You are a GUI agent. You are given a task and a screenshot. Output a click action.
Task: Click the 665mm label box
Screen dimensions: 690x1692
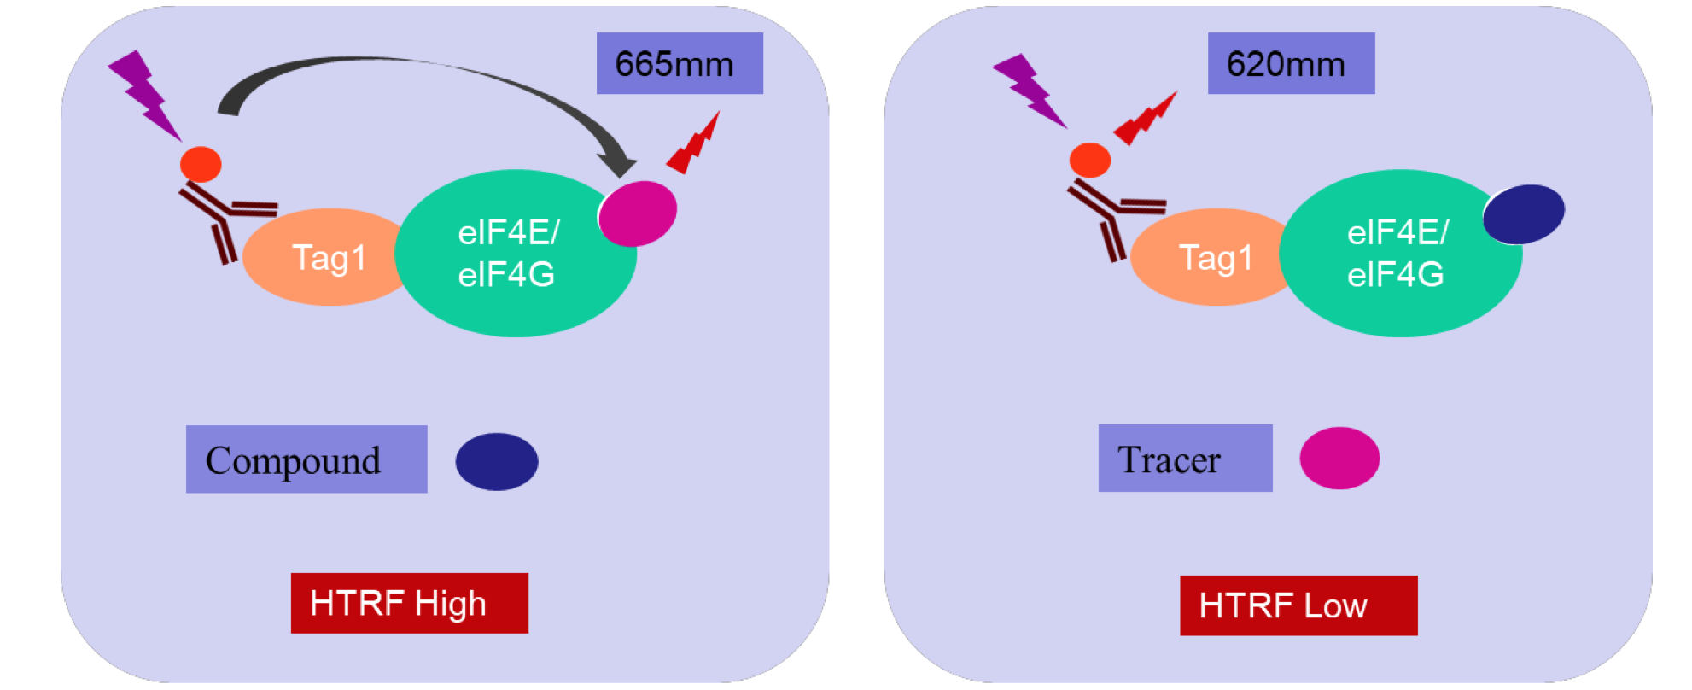click(679, 63)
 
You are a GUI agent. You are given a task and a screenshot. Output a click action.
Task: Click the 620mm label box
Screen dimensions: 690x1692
click(1290, 63)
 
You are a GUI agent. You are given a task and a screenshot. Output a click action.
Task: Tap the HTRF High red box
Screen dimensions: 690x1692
click(409, 603)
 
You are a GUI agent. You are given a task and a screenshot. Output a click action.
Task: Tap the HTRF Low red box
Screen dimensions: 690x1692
click(1298, 605)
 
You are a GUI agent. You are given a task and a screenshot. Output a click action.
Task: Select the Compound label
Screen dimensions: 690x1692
click(306, 459)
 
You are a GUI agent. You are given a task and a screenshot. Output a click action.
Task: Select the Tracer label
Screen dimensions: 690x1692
click(1184, 459)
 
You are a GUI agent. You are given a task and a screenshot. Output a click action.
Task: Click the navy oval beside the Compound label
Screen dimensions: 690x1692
click(497, 461)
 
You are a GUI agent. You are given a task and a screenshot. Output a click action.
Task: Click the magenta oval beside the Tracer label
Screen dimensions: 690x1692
click(1339, 459)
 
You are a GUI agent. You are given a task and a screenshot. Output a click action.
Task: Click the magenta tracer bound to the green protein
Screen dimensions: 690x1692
click(638, 213)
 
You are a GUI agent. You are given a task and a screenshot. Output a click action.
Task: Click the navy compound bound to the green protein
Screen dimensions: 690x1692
click(1524, 213)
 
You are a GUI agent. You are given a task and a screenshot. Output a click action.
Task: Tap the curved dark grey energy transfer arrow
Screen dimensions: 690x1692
click(410, 68)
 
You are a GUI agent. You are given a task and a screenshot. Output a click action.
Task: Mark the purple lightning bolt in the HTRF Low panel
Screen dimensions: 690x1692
click(1030, 91)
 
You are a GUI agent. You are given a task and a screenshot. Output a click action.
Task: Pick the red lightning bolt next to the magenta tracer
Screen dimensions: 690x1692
click(693, 143)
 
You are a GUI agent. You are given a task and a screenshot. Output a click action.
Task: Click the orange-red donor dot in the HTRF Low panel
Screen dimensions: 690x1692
click(1089, 160)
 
